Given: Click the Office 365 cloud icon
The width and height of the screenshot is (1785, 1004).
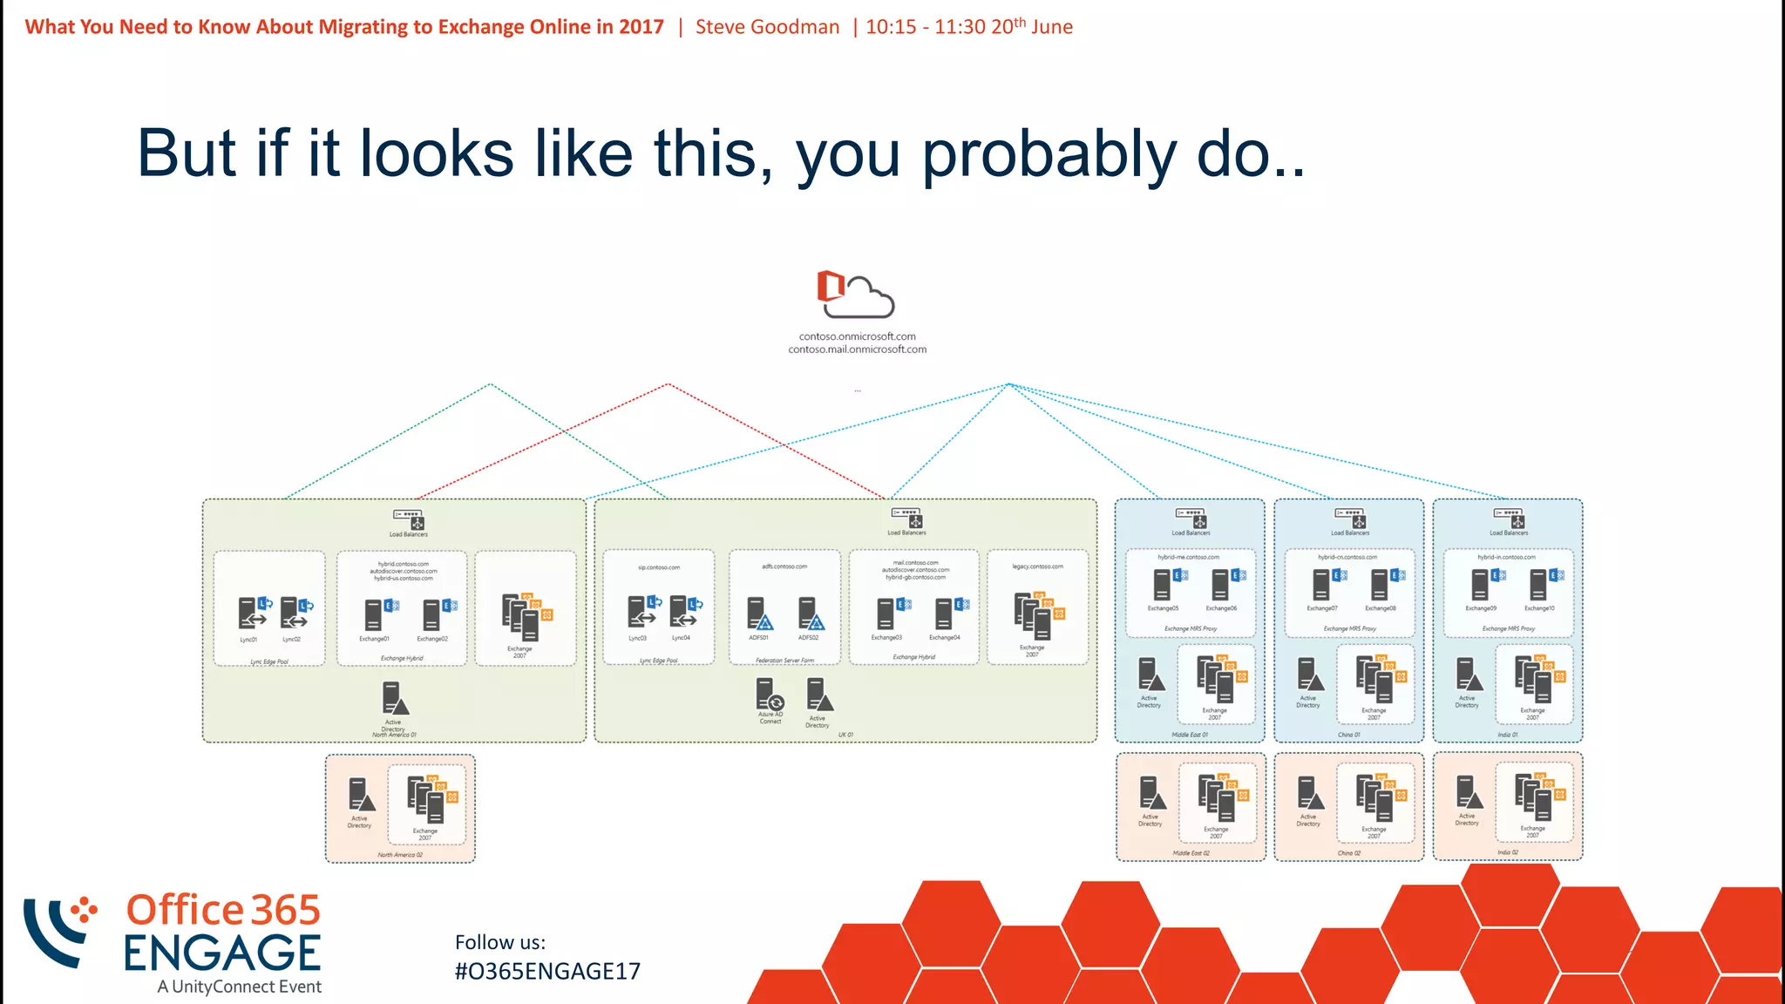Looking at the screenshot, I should [x=855, y=295].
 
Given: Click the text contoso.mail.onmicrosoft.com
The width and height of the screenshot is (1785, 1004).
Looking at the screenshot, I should [x=857, y=349].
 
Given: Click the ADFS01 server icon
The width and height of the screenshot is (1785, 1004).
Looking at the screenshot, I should [x=759, y=614].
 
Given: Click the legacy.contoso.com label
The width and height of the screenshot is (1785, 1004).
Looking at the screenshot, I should [x=1037, y=566].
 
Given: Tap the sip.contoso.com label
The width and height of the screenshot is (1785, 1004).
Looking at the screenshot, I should [x=659, y=567].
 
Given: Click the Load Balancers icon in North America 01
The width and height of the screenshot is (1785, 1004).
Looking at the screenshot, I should [x=409, y=519].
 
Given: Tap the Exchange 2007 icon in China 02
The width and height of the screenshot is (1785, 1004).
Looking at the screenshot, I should [x=1376, y=798].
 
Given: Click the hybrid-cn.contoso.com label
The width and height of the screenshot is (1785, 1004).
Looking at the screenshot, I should [x=1347, y=557].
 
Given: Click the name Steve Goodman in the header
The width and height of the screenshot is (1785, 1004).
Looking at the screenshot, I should [x=767, y=27].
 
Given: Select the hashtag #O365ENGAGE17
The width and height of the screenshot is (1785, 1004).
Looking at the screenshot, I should [x=547, y=971].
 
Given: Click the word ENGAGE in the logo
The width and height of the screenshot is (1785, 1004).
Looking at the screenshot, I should [x=222, y=953].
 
